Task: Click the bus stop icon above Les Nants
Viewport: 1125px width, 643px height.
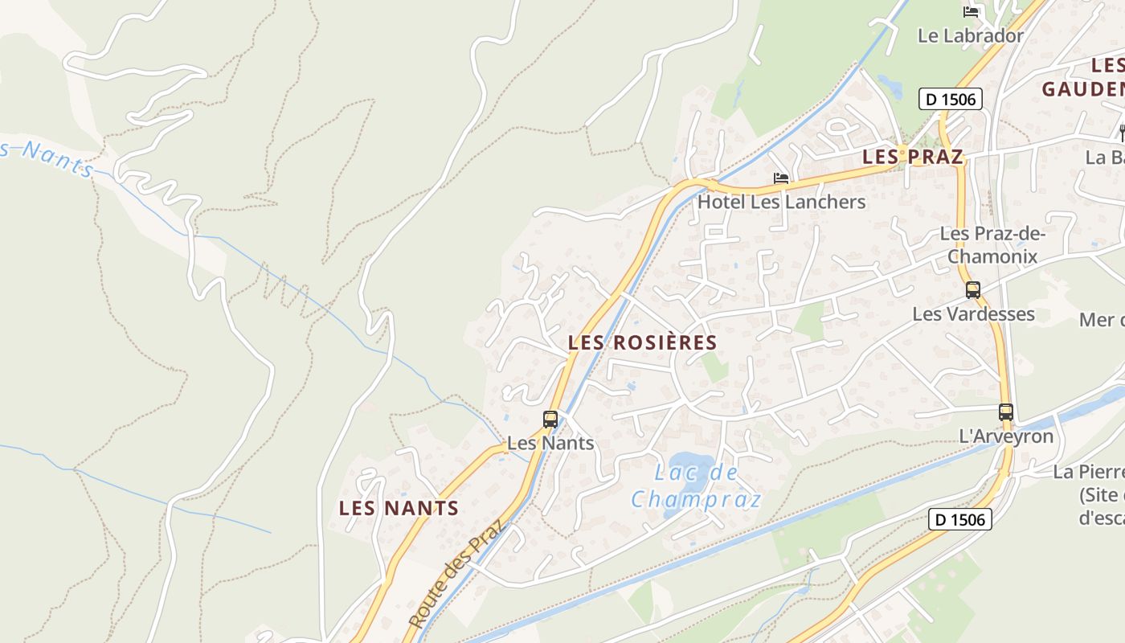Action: (x=550, y=419)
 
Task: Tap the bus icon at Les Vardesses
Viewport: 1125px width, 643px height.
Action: (x=973, y=290)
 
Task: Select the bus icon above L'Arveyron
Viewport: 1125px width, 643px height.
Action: (x=1006, y=412)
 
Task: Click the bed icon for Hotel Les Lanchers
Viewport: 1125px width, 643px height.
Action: (x=780, y=178)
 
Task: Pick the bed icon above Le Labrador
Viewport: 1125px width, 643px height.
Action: (x=971, y=11)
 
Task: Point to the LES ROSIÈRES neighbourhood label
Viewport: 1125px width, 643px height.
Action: (x=642, y=342)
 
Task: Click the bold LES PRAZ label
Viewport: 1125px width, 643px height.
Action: (x=912, y=157)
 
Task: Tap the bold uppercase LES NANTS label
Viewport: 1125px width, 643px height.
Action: (x=399, y=508)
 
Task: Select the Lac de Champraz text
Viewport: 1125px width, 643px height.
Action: (x=696, y=486)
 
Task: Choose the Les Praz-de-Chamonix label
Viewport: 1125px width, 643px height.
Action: (x=992, y=245)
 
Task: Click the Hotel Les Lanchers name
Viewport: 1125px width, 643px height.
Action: (x=781, y=202)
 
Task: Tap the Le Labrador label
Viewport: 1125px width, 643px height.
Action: (x=971, y=36)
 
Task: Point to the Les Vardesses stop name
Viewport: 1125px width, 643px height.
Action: (x=973, y=313)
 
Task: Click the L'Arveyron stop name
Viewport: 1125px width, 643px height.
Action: (x=1006, y=436)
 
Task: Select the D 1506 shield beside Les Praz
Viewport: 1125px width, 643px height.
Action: (x=951, y=100)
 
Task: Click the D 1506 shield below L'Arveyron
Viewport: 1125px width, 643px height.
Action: (x=960, y=519)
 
